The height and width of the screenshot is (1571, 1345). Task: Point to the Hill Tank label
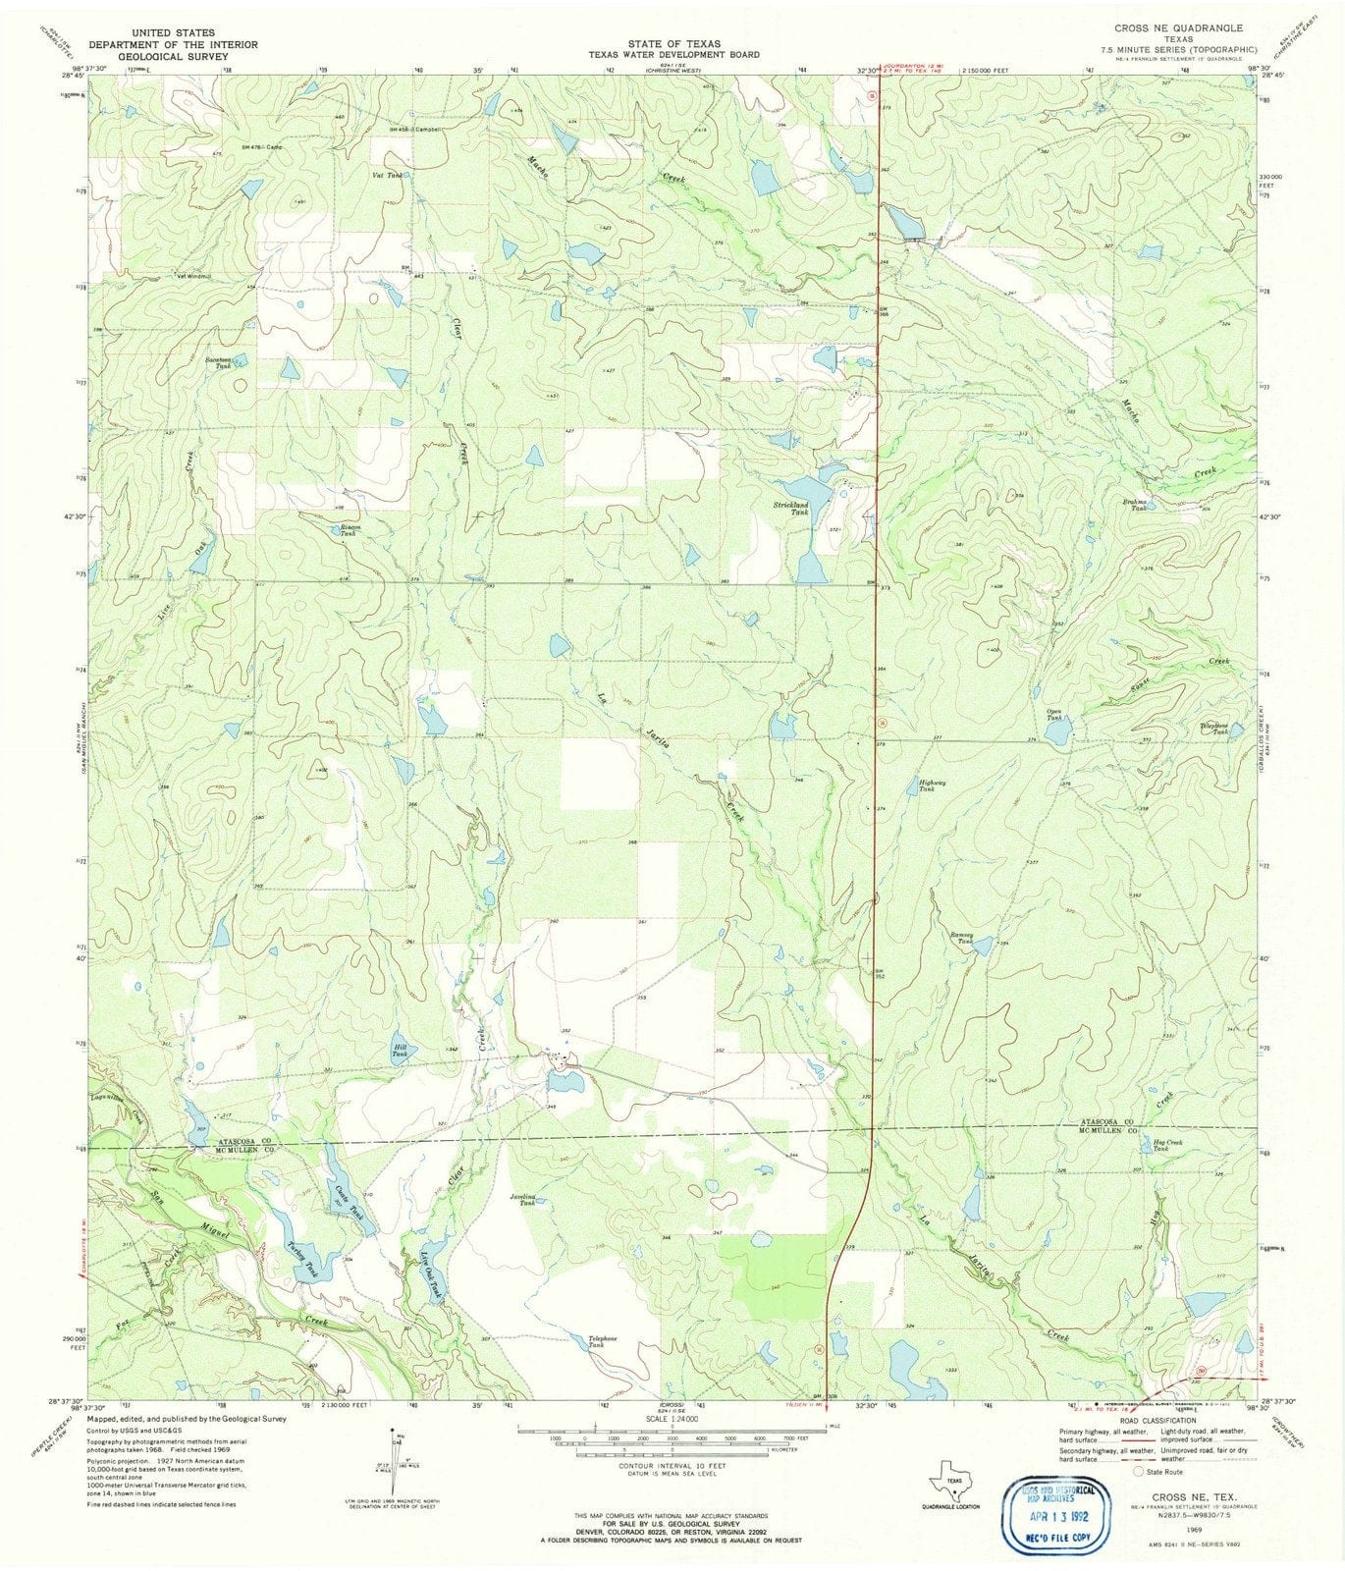[x=400, y=1053]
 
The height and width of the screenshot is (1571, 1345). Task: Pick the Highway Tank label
[x=932, y=785]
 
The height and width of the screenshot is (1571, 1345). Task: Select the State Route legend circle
[x=1139, y=1472]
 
